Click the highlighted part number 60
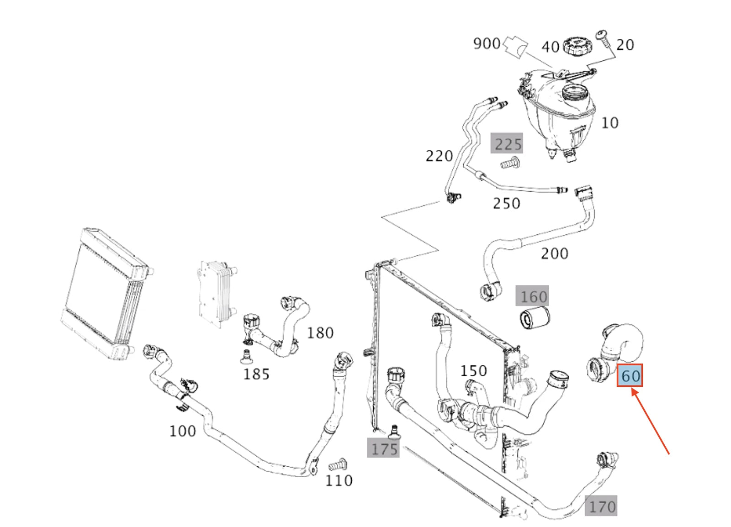point(630,375)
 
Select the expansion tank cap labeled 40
point(577,46)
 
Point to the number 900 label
point(487,43)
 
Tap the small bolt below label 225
point(510,162)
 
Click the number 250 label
point(506,203)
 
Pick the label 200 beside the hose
point(554,253)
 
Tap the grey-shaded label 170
point(602,506)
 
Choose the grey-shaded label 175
point(384,449)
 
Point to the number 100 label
point(182,431)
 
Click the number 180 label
point(320,333)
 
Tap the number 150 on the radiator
point(473,370)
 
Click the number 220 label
point(439,156)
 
